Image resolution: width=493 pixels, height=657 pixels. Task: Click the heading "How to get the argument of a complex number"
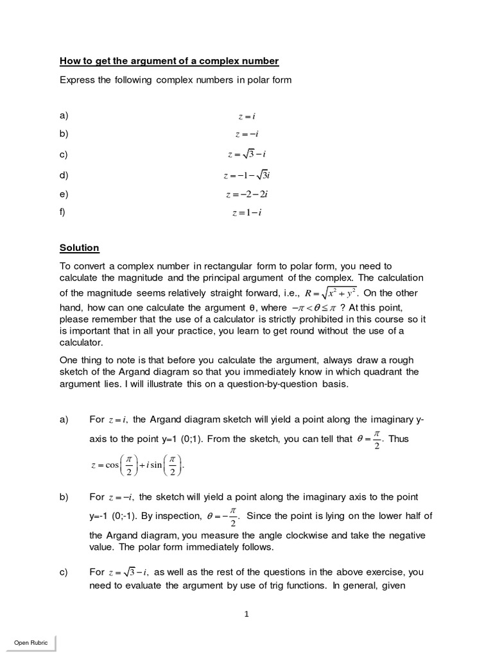pyautogui.click(x=169, y=61)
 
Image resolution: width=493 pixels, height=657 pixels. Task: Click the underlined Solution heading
pyautogui.click(x=80, y=248)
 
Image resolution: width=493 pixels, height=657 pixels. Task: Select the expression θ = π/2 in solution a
pyautogui.click(x=368, y=440)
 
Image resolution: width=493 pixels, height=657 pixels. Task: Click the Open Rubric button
pyautogui.click(x=31, y=643)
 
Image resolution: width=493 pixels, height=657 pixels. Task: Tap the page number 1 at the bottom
pyautogui.click(x=246, y=614)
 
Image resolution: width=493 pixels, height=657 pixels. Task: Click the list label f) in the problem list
pyautogui.click(x=64, y=212)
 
